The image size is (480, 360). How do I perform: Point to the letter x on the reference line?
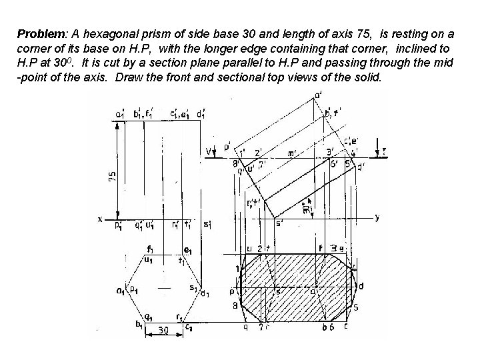point(100,219)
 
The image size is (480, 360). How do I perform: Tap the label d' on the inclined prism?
point(361,167)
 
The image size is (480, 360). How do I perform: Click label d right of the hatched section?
point(361,286)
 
